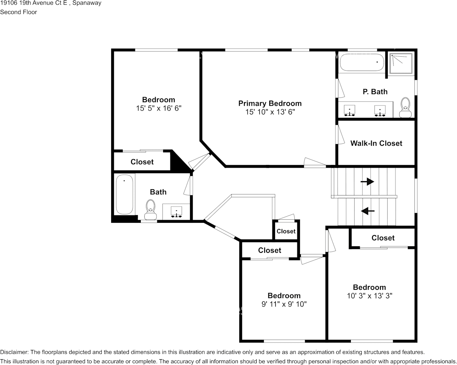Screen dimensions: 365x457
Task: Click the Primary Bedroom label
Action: click(x=270, y=103)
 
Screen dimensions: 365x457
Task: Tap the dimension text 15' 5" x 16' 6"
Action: click(x=158, y=109)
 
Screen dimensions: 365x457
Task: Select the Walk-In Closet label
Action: click(x=376, y=143)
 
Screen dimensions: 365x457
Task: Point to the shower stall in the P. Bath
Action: click(x=401, y=64)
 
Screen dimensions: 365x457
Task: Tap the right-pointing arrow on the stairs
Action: click(x=367, y=182)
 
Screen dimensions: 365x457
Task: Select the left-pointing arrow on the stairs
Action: click(x=368, y=211)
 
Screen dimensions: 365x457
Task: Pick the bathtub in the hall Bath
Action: click(x=124, y=194)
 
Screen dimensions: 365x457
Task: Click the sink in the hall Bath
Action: click(x=177, y=212)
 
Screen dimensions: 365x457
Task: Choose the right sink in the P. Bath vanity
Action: click(x=380, y=110)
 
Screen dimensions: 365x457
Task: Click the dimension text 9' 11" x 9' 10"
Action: click(x=284, y=304)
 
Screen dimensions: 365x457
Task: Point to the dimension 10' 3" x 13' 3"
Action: click(x=369, y=296)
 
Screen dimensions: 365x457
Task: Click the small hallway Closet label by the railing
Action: click(x=286, y=231)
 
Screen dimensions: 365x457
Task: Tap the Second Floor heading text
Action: click(x=18, y=12)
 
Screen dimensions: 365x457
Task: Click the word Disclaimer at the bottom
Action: click(x=14, y=352)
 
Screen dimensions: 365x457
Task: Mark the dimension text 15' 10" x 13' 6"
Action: click(x=270, y=112)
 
